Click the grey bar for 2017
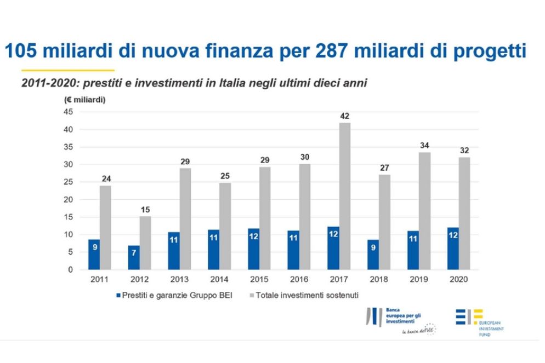(x=344, y=196)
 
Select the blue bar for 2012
(x=134, y=257)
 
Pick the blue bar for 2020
(x=453, y=249)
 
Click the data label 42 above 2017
(x=344, y=116)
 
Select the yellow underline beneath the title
(x=67, y=70)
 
